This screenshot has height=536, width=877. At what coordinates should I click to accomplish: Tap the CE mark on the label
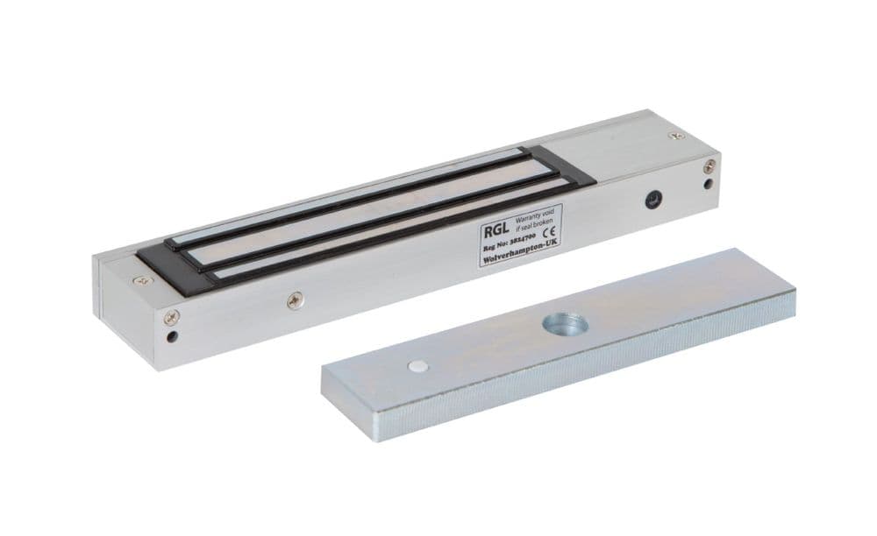click(x=553, y=235)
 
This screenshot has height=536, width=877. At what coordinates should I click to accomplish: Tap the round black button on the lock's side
click(x=652, y=200)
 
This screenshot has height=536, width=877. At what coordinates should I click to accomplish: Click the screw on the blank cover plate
click(x=674, y=136)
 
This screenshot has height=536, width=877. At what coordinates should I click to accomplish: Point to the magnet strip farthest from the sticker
click(x=351, y=193)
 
